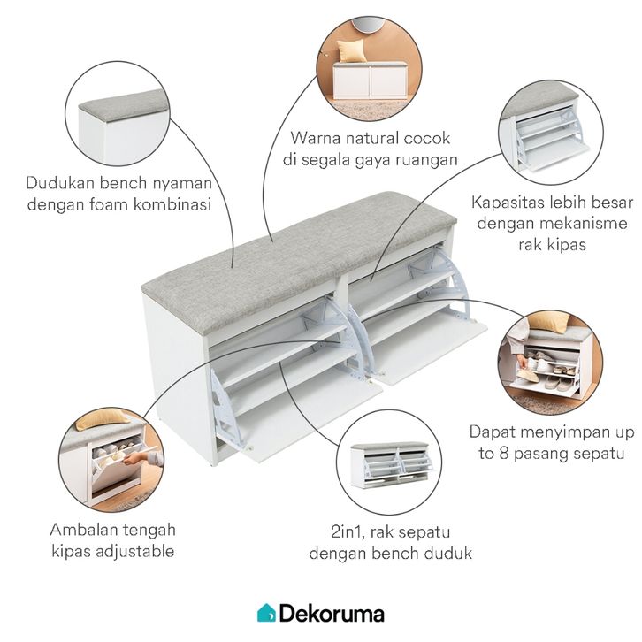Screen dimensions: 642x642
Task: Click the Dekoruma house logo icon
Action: (x=266, y=612)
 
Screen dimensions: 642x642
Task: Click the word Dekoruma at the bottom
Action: (x=332, y=612)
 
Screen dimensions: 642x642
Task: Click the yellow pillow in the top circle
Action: (x=351, y=51)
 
